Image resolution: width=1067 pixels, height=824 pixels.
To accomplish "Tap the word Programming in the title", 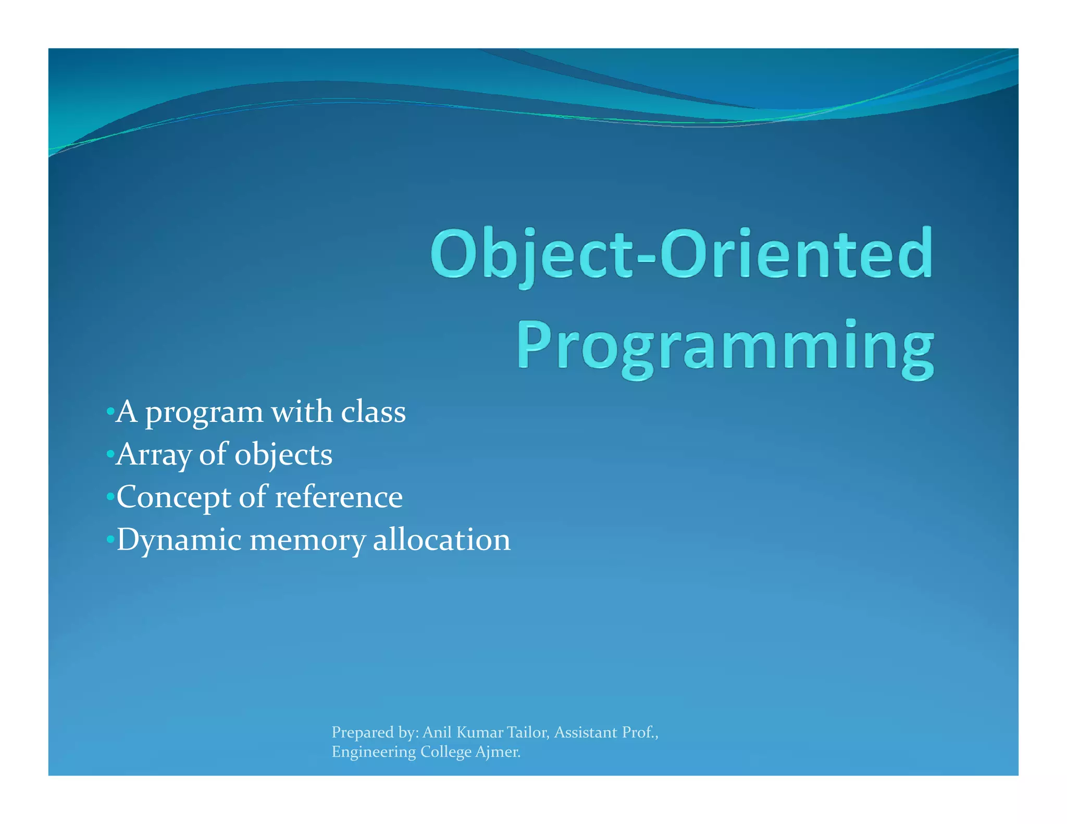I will [725, 346].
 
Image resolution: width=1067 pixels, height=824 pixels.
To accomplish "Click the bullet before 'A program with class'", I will [109, 412].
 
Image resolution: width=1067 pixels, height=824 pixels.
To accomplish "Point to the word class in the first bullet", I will [373, 412].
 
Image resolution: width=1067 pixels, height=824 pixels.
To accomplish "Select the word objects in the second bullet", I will [283, 455].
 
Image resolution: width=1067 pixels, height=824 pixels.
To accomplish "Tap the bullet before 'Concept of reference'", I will [109, 497].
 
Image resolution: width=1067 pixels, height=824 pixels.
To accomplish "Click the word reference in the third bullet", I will [339, 497].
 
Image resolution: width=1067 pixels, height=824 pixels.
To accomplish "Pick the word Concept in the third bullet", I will [174, 498].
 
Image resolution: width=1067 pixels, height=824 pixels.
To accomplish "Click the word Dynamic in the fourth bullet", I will [179, 540].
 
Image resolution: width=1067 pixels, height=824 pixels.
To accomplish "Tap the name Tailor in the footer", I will [527, 732].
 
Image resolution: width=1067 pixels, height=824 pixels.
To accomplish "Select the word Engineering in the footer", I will [374, 753].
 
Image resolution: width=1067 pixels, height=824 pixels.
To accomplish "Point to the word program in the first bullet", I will [204, 413].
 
